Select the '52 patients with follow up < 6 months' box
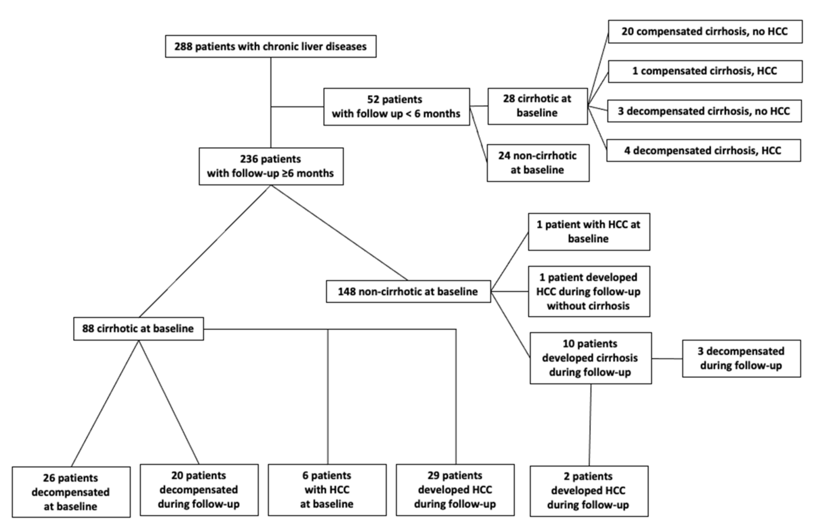pyautogui.click(x=397, y=107)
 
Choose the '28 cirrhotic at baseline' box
pyautogui.click(x=538, y=106)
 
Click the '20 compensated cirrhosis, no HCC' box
pyautogui.click(x=705, y=31)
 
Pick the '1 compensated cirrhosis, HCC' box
pyautogui.click(x=705, y=71)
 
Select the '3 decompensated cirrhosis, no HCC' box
pyautogui.click(x=705, y=111)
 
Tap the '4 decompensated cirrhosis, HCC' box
pyautogui.click(x=704, y=150)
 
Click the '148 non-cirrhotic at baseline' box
pyautogui.click(x=408, y=291)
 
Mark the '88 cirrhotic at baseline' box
pyautogui.click(x=138, y=329)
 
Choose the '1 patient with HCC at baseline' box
pyautogui.click(x=589, y=232)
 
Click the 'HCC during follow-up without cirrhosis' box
pyautogui.click(x=589, y=291)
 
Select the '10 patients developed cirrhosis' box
pyautogui.click(x=591, y=358)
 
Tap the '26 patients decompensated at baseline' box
pyautogui.click(x=71, y=492)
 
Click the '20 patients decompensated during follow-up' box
pyautogui.click(x=199, y=490)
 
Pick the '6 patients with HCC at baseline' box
pyautogui.click(x=327, y=490)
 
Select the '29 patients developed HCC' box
pyautogui.click(x=455, y=490)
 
